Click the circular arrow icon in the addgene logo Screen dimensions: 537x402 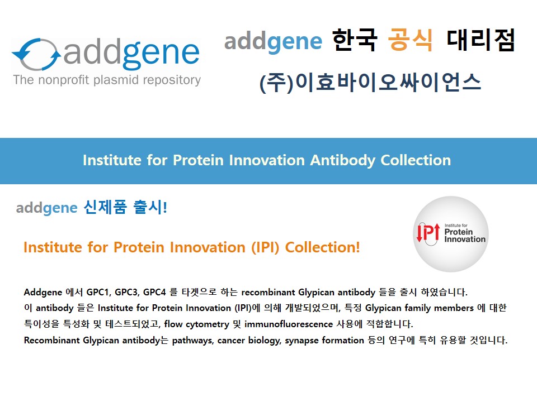36,54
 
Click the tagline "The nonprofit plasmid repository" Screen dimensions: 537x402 107,80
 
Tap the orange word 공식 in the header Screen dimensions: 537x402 410,40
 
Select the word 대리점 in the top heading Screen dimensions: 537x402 481,40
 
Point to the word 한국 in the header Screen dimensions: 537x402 355,40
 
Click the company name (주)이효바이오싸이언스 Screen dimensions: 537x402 370,83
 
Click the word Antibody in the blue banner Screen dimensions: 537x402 342,160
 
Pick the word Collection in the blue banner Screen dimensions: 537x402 416,160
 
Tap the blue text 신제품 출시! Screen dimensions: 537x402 125,207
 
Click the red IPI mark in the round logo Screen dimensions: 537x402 428,233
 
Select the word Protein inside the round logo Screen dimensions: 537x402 458,232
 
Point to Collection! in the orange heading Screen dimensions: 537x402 322,247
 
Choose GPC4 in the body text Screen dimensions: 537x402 154,292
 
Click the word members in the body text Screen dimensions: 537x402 454,308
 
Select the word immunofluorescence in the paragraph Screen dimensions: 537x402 289,324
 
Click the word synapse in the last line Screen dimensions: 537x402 302,341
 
